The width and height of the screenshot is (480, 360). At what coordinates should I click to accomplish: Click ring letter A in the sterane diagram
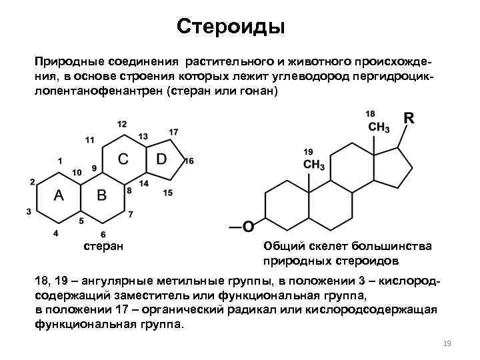59,195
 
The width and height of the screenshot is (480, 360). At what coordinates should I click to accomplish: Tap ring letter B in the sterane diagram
102,195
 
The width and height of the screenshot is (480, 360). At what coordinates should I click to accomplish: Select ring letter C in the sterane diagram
124,159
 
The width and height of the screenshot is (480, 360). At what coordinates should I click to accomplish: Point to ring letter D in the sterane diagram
162,159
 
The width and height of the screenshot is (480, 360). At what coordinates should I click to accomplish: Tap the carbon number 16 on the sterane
189,161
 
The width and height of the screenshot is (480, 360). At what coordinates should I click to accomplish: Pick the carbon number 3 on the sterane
29,211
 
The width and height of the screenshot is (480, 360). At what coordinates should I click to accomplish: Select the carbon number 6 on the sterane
103,234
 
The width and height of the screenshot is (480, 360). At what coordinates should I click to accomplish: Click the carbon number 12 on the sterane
121,124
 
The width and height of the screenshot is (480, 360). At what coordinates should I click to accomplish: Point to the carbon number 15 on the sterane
168,193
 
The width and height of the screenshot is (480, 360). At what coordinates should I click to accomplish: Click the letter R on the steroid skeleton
409,119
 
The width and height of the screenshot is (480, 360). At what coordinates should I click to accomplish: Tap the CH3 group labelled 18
379,127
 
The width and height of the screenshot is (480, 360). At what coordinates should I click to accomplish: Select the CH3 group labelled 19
313,165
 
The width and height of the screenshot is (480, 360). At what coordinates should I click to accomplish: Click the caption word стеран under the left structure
102,247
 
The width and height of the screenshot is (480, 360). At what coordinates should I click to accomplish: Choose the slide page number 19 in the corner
447,343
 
